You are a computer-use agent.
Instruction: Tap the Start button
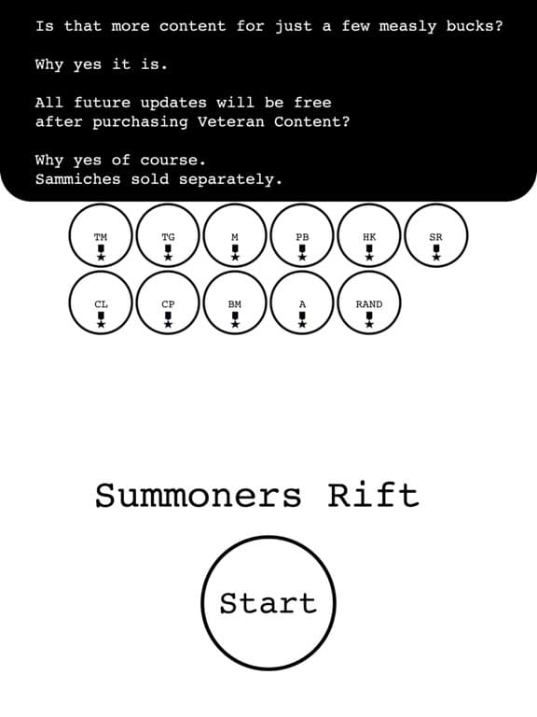pos(268,603)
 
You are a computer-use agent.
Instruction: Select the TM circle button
pos(101,235)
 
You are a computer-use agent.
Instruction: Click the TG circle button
pos(168,235)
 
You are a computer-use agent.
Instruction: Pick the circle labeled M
pos(235,235)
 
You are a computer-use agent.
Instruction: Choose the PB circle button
pos(302,235)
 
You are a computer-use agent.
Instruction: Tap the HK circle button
pos(369,235)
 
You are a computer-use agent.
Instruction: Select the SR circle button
pos(436,235)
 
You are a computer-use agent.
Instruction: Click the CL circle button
pos(101,302)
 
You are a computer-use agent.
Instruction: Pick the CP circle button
pos(168,302)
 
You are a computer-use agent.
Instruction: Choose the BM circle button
pos(235,302)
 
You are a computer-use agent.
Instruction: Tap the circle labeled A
pos(302,302)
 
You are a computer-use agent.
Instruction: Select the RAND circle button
pos(369,302)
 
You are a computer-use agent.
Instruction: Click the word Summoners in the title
pos(199,496)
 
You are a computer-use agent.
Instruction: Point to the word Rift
pos(374,495)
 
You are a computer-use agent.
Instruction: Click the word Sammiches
pos(77,179)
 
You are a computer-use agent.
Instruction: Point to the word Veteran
pos(230,121)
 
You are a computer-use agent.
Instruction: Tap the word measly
pos(407,27)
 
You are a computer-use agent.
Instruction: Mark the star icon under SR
pos(436,258)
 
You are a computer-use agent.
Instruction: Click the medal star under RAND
pos(369,324)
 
